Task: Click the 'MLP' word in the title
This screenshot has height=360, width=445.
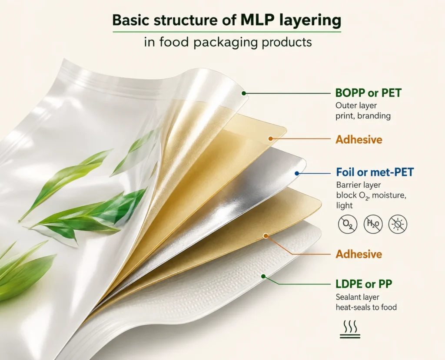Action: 258,20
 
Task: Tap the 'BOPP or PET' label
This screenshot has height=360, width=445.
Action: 369,93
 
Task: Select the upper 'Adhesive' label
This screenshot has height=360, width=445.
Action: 359,139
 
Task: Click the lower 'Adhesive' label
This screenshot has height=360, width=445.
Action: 359,254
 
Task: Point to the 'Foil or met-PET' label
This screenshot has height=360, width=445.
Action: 375,172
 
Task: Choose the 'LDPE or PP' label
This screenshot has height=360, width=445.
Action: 364,284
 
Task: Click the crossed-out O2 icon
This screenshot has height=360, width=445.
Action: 348,224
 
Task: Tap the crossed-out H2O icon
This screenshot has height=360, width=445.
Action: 373,224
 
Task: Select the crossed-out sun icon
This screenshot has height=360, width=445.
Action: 398,224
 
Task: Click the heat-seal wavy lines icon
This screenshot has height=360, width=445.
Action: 350,329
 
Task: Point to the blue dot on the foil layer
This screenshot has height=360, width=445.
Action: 297,173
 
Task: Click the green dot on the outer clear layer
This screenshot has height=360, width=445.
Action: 244,93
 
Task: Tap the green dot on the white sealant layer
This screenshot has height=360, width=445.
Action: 263,276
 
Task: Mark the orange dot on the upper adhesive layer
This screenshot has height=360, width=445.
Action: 271,139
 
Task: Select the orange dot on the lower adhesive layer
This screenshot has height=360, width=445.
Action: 266,236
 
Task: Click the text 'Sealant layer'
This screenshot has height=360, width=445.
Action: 358,297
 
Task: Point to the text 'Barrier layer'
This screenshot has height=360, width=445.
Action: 359,185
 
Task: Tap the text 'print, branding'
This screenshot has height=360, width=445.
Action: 363,116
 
